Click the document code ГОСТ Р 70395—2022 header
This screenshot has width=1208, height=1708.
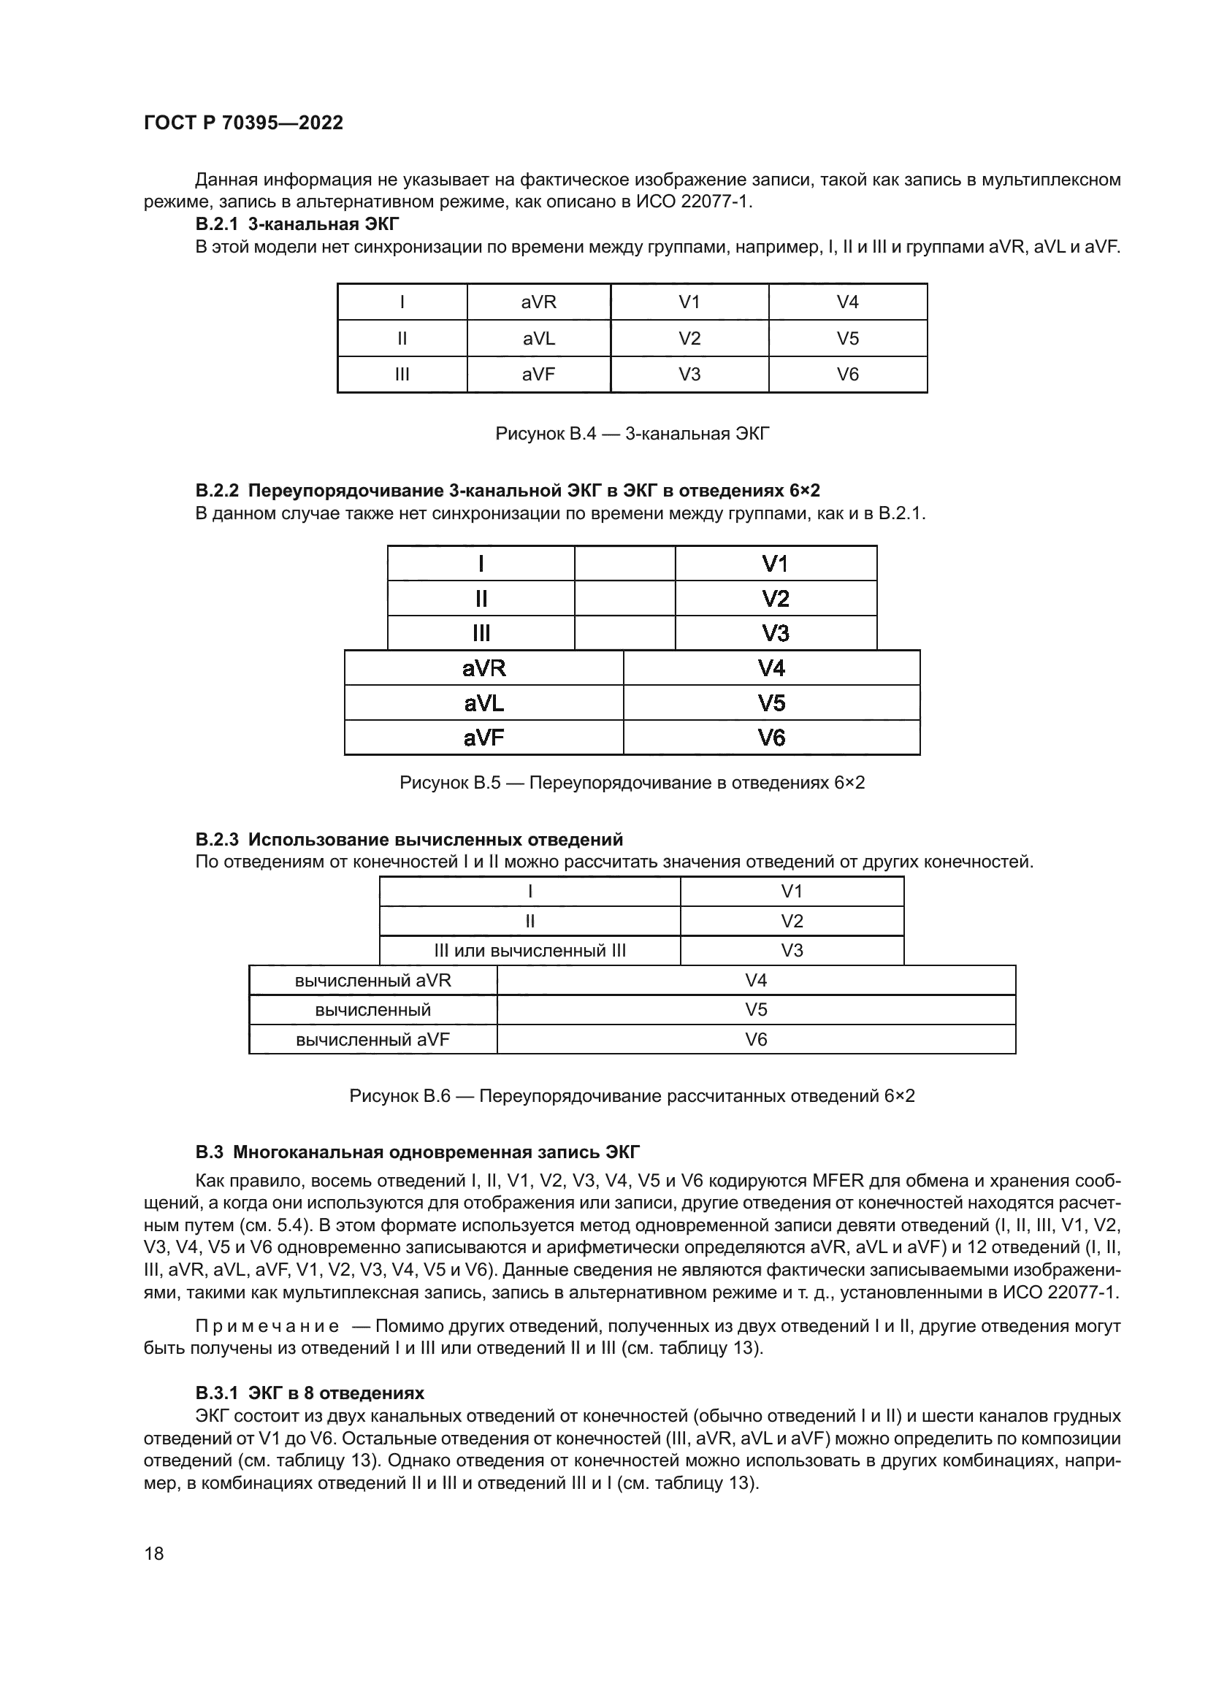click(x=243, y=123)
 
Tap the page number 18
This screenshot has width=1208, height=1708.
click(x=154, y=1553)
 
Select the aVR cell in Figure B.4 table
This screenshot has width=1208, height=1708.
click(x=538, y=302)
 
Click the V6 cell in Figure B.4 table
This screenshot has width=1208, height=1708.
click(x=847, y=374)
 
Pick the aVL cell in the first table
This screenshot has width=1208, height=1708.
click(x=538, y=339)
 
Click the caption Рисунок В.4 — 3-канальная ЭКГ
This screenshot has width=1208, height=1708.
click(x=632, y=434)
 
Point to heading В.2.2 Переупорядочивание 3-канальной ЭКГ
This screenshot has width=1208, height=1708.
click(x=508, y=491)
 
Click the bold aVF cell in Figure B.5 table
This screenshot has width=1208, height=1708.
click(x=483, y=738)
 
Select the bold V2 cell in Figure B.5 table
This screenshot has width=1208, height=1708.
click(x=775, y=599)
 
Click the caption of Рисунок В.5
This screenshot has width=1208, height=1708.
click(x=632, y=783)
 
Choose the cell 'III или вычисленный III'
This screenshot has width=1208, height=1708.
click(x=530, y=951)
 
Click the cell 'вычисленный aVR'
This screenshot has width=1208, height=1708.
click(x=372, y=981)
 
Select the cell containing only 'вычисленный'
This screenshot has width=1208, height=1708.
click(x=372, y=1010)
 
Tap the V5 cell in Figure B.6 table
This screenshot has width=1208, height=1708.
click(x=756, y=1010)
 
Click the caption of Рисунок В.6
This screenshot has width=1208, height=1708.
click(x=632, y=1097)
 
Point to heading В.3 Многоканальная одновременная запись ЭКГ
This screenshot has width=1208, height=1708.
click(x=417, y=1152)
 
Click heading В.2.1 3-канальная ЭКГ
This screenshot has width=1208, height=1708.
click(x=297, y=224)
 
